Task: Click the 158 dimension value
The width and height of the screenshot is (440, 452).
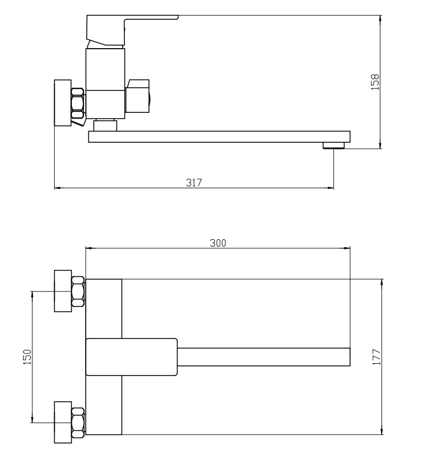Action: click(x=375, y=82)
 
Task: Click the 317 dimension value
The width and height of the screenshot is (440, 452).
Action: click(x=194, y=182)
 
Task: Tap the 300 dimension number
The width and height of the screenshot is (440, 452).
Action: click(x=218, y=243)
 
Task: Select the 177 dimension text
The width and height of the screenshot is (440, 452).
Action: click(x=376, y=357)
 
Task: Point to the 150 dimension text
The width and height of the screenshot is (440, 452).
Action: click(x=27, y=357)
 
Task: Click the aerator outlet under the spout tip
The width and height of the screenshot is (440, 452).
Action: click(x=334, y=145)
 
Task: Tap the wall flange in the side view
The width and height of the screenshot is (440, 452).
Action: click(x=63, y=103)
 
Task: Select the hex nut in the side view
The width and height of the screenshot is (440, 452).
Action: click(x=78, y=103)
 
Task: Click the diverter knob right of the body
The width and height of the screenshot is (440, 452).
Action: click(x=138, y=96)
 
